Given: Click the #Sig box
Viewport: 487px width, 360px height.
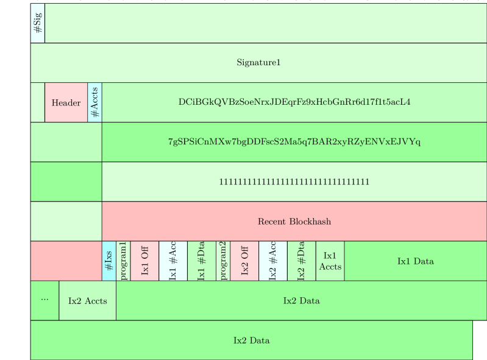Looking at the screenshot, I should click(x=37, y=23).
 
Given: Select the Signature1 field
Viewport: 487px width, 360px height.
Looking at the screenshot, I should click(x=258, y=62).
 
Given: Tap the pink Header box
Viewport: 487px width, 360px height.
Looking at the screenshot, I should click(x=66, y=102).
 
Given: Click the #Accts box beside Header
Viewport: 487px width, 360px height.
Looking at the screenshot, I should click(x=94, y=102).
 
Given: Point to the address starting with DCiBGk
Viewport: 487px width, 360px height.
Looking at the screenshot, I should click(x=294, y=102).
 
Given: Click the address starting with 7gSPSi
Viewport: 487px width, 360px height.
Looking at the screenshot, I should click(x=294, y=142).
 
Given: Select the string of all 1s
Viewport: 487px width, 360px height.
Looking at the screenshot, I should click(x=294, y=182).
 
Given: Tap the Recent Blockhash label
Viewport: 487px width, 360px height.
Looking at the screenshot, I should click(x=294, y=221).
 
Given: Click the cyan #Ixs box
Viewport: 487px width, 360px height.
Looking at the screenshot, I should click(x=108, y=261).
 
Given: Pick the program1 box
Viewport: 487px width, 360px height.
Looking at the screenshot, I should click(x=123, y=261).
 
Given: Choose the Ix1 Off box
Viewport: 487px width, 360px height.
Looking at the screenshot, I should click(x=144, y=261).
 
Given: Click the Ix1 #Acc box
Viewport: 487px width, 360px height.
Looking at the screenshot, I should click(x=173, y=261).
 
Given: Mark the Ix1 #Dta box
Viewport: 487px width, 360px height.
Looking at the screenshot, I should click(x=201, y=261).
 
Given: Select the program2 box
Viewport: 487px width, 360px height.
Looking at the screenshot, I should click(x=223, y=261).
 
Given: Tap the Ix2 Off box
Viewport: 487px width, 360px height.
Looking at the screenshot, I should click(x=244, y=261).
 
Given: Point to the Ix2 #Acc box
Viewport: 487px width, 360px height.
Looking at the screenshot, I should click(x=273, y=261).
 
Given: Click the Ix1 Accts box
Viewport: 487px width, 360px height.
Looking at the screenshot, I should click(x=330, y=261).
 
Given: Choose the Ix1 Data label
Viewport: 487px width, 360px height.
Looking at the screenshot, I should click(x=416, y=261).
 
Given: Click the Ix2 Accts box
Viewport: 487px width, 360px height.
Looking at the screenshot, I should click(x=87, y=300).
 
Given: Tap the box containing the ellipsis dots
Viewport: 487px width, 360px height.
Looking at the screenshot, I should click(x=44, y=300).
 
